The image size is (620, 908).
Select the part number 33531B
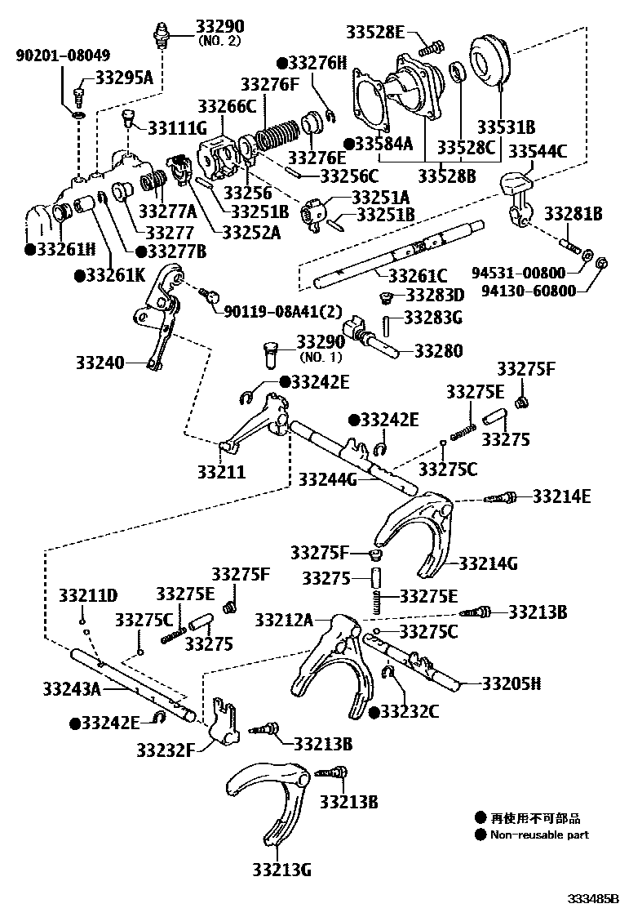pyautogui.click(x=506, y=127)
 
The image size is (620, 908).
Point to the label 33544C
pyautogui.click(x=538, y=150)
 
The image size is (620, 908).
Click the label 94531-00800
pyautogui.click(x=522, y=270)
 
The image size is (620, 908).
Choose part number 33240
pyautogui.click(x=102, y=361)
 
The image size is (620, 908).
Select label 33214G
pyautogui.click(x=489, y=563)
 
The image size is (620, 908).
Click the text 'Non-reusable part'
pyautogui.click(x=538, y=835)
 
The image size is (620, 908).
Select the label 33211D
pyautogui.click(x=88, y=594)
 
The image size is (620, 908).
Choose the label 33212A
pyautogui.click(x=284, y=620)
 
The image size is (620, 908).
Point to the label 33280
pyautogui.click(x=438, y=351)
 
